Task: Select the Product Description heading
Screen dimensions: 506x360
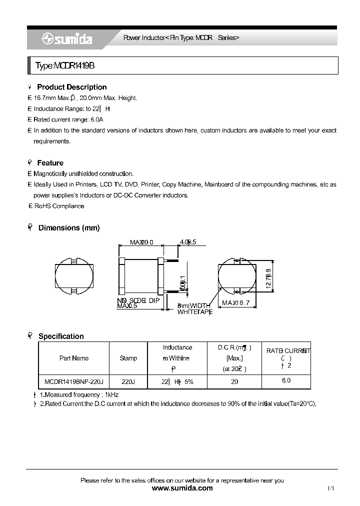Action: (x=71, y=87)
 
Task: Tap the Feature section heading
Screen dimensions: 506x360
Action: (x=50, y=163)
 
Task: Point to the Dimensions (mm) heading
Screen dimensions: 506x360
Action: (x=69, y=228)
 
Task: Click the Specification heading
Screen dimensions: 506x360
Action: (x=61, y=336)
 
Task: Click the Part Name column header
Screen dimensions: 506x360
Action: (x=73, y=358)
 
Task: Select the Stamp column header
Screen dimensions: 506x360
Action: (x=128, y=358)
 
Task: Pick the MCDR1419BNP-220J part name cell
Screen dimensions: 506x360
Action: (x=73, y=381)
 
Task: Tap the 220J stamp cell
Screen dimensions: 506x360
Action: (x=128, y=381)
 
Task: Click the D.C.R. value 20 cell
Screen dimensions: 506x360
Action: (x=234, y=381)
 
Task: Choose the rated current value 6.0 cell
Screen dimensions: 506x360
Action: (x=286, y=380)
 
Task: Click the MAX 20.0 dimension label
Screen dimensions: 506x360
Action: (x=141, y=242)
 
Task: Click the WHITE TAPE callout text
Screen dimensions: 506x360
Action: (x=195, y=312)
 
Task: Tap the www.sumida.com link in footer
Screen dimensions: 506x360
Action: (x=182, y=488)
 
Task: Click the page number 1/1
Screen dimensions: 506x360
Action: (x=330, y=488)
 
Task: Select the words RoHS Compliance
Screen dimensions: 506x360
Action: (x=59, y=206)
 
